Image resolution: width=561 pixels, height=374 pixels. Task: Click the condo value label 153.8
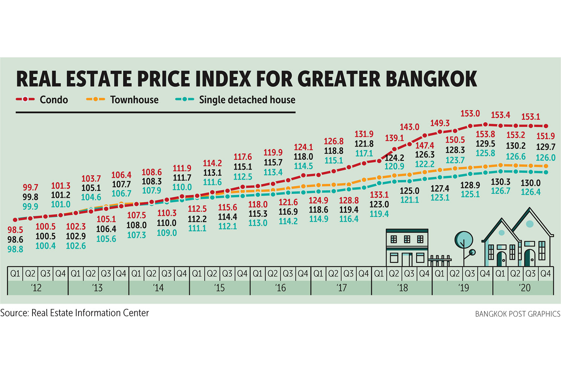(x=485, y=134)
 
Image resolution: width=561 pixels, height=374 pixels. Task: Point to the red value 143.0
(x=409, y=127)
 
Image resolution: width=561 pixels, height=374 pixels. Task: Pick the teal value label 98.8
(x=15, y=249)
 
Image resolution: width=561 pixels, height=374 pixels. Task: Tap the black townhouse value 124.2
(x=395, y=158)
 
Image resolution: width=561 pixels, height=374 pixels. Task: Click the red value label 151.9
(x=545, y=136)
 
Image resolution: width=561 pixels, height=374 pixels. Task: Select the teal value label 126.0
(x=545, y=157)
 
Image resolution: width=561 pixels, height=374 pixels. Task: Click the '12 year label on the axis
(x=36, y=288)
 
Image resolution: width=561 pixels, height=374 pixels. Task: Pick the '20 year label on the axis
(x=525, y=288)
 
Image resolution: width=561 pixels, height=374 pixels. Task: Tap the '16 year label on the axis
(x=280, y=288)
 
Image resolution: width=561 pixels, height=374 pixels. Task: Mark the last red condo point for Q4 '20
(x=546, y=126)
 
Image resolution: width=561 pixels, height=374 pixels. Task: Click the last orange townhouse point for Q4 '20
(x=546, y=166)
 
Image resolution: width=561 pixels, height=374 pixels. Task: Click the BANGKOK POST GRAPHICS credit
(x=518, y=314)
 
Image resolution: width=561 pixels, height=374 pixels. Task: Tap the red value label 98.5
(x=15, y=230)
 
